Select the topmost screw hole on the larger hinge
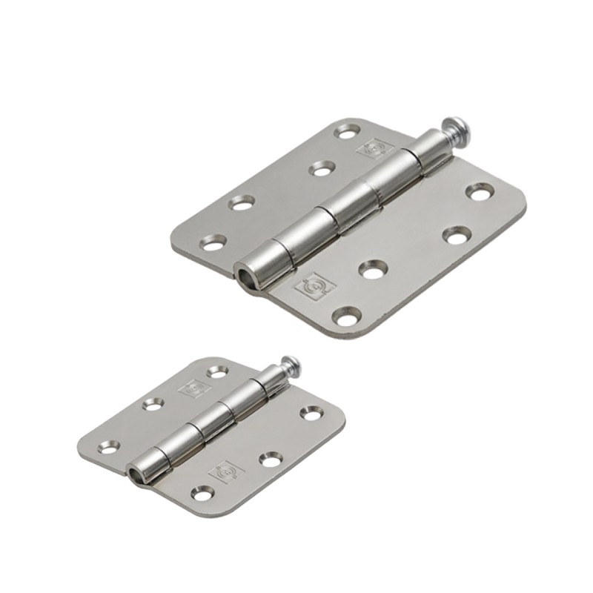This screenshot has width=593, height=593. [x=345, y=131]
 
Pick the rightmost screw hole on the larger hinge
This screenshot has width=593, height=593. [x=480, y=192]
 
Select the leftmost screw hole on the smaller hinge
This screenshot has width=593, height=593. [x=110, y=447]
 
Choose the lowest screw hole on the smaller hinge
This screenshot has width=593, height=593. [x=201, y=491]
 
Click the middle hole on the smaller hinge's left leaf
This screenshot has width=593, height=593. [x=153, y=404]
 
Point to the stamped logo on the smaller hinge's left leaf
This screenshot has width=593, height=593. [x=191, y=387]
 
